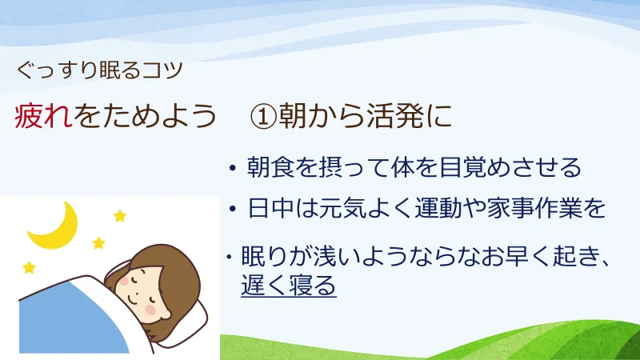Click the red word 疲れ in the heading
pos(43,117)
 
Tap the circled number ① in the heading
pos(263,117)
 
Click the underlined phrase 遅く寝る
pos(289,286)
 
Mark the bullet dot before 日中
pos(232,210)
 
